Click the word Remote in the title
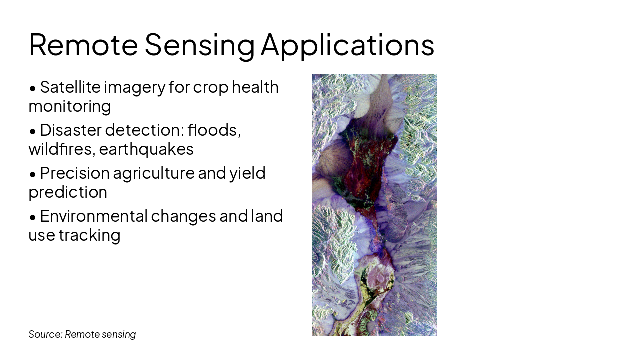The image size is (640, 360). (83, 45)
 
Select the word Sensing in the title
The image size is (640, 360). (199, 47)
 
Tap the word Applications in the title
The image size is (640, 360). (347, 47)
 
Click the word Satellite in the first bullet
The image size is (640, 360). (70, 87)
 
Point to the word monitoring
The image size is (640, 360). (70, 107)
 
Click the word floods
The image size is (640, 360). (214, 130)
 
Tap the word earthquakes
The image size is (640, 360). (146, 149)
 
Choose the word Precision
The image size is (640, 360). (75, 173)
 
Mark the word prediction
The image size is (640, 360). (68, 193)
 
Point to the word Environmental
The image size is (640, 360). (94, 216)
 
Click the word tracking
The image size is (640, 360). (89, 236)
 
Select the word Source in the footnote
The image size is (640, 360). (45, 334)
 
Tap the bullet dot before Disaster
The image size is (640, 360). (33, 132)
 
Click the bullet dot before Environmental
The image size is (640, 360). (33, 218)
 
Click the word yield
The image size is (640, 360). (247, 174)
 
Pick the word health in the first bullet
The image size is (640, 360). (255, 87)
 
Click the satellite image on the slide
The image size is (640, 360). (374, 205)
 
